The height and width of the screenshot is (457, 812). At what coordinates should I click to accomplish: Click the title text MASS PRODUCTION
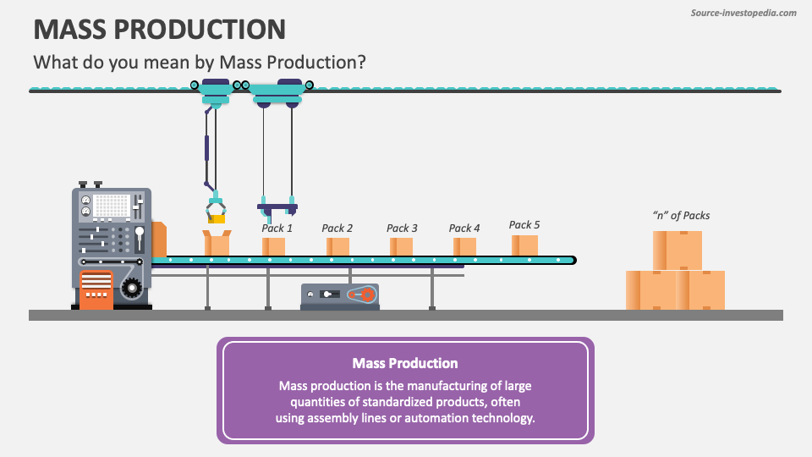click(159, 29)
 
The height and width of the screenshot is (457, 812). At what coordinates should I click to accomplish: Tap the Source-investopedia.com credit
click(743, 13)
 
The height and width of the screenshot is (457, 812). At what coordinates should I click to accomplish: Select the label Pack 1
click(277, 228)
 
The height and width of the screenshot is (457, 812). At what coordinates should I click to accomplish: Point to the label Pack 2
click(337, 228)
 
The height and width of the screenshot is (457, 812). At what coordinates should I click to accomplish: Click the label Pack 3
click(402, 228)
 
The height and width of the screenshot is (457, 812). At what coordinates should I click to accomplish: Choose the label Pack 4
click(464, 228)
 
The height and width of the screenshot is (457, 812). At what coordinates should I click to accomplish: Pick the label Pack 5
click(524, 224)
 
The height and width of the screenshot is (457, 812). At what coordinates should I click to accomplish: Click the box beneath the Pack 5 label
click(524, 245)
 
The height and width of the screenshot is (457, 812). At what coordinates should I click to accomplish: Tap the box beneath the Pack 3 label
click(402, 246)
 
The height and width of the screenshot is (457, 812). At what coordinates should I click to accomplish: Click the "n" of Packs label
click(681, 215)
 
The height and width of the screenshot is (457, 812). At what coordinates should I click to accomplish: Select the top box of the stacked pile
click(677, 250)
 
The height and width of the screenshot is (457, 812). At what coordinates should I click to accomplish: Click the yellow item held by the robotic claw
click(217, 218)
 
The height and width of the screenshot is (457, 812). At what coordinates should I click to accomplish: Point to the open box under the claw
click(217, 245)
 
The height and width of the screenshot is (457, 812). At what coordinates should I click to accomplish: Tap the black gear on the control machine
click(131, 289)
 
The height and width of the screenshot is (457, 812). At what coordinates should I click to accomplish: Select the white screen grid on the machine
click(111, 206)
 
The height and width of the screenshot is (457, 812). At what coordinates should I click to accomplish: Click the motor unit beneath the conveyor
click(340, 295)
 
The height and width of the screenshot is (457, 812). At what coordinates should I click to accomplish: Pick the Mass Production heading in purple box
click(405, 363)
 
